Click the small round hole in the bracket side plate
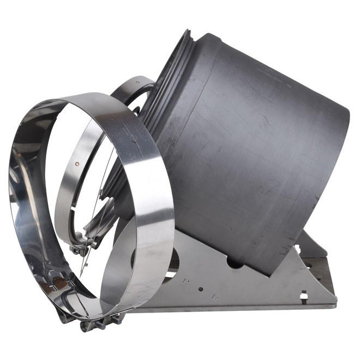coord(200,289)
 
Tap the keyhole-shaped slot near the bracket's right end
coord(304,295)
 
